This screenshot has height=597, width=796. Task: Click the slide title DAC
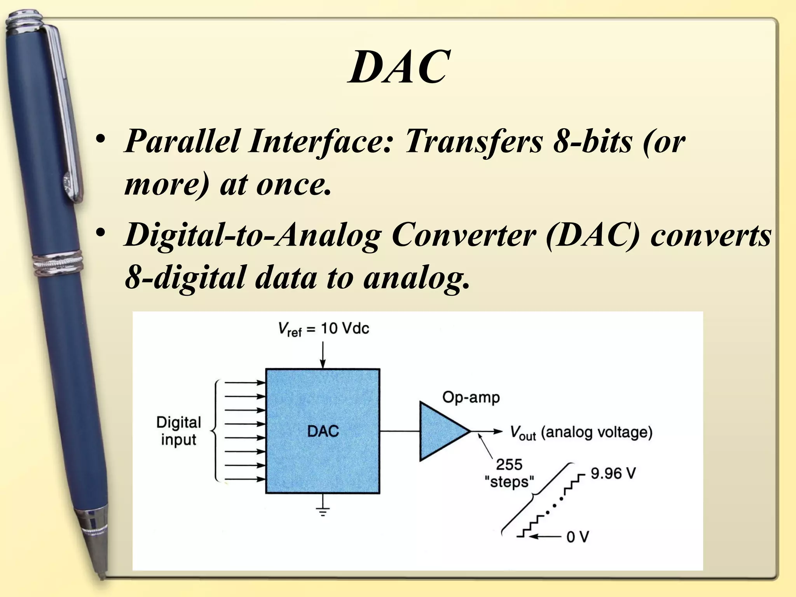(x=399, y=67)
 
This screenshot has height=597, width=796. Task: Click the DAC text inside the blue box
(x=323, y=431)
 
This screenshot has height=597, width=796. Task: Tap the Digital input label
(x=178, y=431)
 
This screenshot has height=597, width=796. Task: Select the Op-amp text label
(x=471, y=398)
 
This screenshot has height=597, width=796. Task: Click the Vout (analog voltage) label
(x=581, y=433)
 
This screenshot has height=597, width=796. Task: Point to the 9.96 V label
(x=613, y=473)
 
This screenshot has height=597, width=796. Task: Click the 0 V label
(x=578, y=537)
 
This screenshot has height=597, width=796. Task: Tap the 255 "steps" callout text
(x=509, y=473)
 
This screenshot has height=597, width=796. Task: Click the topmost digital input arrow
(x=245, y=382)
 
